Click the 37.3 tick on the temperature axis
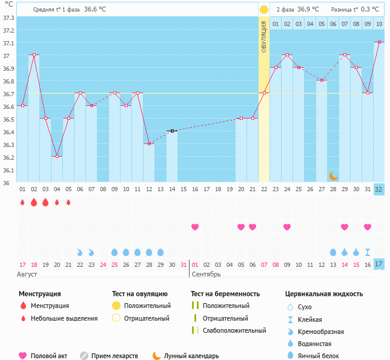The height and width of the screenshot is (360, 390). coord(8,18)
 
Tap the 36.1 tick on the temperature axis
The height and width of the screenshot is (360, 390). coord(8,170)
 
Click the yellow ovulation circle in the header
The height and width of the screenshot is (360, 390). coord(264,10)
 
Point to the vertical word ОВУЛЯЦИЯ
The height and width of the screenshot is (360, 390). coord(264,36)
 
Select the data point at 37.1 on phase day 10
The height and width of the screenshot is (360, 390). coord(379,42)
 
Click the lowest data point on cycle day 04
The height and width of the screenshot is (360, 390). coord(57,156)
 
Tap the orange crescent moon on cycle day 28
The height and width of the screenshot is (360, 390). coord(333,175)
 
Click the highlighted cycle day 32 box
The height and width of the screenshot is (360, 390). coord(379,189)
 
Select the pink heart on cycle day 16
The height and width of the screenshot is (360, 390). coord(195,227)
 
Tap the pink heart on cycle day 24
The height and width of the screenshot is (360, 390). coord(287,227)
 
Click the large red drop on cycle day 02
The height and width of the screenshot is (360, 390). coord(34,202)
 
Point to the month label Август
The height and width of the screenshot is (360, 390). coord(27,274)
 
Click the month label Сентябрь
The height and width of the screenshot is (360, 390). coord(206,274)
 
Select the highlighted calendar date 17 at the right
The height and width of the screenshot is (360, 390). coord(379,264)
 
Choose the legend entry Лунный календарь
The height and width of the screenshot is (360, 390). coord(193,356)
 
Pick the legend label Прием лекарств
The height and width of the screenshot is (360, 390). coord(114,356)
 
